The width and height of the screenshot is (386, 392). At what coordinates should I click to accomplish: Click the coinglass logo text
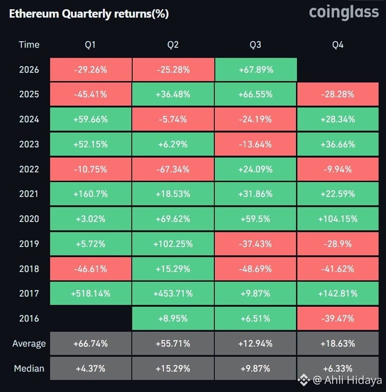point(344,13)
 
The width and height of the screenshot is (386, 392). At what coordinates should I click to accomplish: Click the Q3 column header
point(255,45)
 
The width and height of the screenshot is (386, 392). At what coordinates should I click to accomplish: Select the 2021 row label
point(29,194)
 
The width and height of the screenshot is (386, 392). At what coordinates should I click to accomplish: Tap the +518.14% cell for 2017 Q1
point(90,293)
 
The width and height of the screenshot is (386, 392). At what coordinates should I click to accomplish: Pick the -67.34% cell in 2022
point(173,169)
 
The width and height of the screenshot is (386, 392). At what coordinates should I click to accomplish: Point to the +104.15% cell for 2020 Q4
point(338,219)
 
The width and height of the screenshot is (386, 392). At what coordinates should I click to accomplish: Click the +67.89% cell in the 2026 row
point(256,70)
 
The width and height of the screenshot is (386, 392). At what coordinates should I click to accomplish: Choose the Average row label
point(29,344)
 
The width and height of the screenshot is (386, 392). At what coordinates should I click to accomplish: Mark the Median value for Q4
point(338,368)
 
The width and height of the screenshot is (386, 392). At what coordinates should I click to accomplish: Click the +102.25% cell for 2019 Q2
point(173,244)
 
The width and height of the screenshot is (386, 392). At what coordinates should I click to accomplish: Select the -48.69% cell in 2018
point(255,269)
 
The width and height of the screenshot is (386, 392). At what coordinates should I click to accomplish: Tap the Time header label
point(29,45)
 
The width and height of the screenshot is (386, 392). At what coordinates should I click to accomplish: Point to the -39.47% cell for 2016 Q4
point(338,318)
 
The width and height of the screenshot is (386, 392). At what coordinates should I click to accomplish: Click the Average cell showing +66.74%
point(90,344)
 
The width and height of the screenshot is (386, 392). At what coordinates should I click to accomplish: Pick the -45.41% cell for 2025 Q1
point(90,94)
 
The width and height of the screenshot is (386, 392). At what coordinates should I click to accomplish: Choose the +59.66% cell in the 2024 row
point(90,119)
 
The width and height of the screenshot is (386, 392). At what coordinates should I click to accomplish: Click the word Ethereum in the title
point(34,13)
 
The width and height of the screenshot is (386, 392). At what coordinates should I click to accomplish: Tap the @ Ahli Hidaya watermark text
point(347,380)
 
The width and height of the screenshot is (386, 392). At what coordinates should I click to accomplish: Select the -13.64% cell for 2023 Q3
point(255,144)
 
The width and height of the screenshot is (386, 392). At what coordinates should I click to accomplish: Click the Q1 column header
point(90,45)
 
